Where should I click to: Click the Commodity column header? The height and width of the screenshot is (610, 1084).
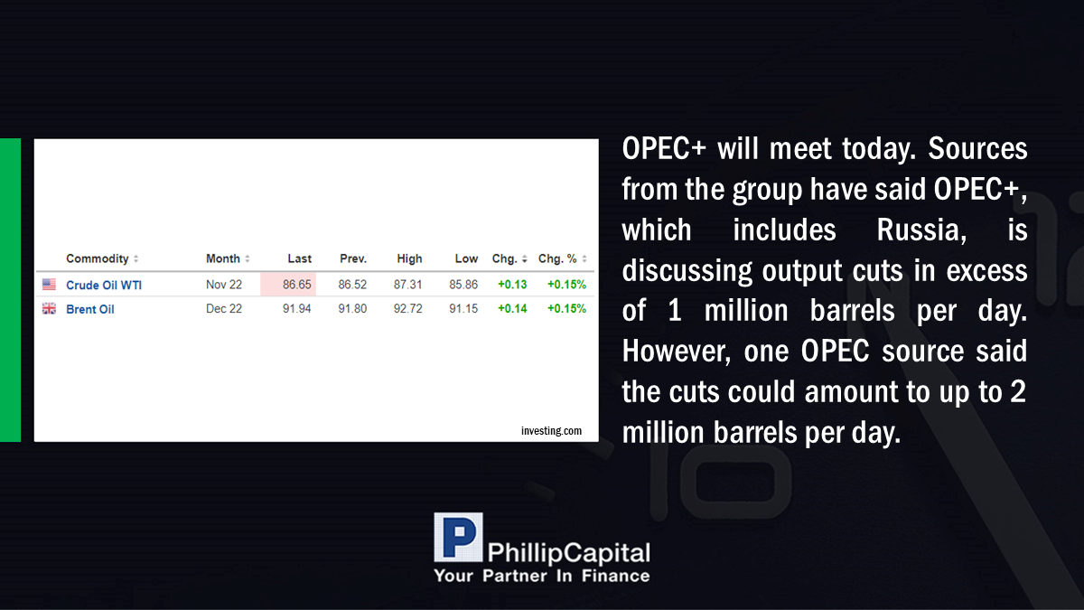tap(98, 258)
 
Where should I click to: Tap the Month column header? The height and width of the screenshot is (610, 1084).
tap(223, 258)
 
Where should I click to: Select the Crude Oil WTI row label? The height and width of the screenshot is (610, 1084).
tap(104, 286)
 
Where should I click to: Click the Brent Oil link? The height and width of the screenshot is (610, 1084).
tap(90, 309)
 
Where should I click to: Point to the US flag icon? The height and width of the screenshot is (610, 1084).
tap(49, 284)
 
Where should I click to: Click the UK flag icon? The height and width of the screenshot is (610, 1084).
tap(49, 308)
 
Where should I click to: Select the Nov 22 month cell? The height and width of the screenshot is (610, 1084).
tap(224, 285)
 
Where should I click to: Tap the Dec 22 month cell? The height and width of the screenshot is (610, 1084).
tap(224, 309)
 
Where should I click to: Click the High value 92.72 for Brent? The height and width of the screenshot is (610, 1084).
tap(408, 309)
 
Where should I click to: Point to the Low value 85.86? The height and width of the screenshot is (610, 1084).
tap(463, 285)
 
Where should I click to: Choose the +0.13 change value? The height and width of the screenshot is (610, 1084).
tap(512, 285)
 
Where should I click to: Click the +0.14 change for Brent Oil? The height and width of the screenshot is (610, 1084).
tap(512, 309)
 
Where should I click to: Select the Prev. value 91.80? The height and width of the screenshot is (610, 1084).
tap(352, 309)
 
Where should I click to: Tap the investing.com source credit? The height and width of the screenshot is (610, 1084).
tap(551, 431)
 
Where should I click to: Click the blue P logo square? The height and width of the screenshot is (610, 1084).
tap(458, 538)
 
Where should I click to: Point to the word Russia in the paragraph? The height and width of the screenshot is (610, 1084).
tap(922, 230)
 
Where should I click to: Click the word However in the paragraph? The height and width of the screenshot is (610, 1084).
tap(677, 352)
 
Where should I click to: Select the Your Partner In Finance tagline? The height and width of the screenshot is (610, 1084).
tap(542, 576)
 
